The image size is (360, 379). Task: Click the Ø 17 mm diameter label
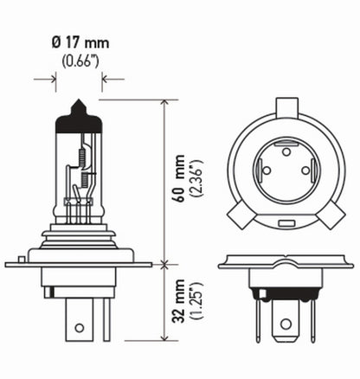(x=79, y=42)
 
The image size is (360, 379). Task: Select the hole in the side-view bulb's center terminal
(x=80, y=328)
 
